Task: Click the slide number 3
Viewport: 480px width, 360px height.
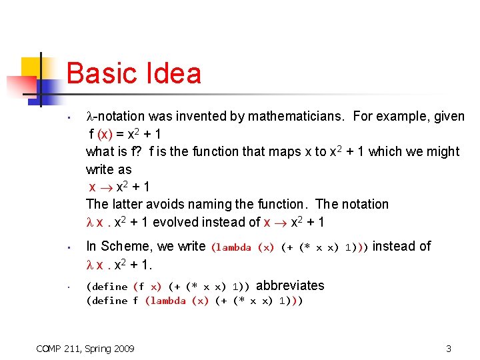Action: [x=449, y=349]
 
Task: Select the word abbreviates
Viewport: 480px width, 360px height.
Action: [x=290, y=286]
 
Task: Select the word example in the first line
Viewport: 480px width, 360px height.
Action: [x=403, y=117]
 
